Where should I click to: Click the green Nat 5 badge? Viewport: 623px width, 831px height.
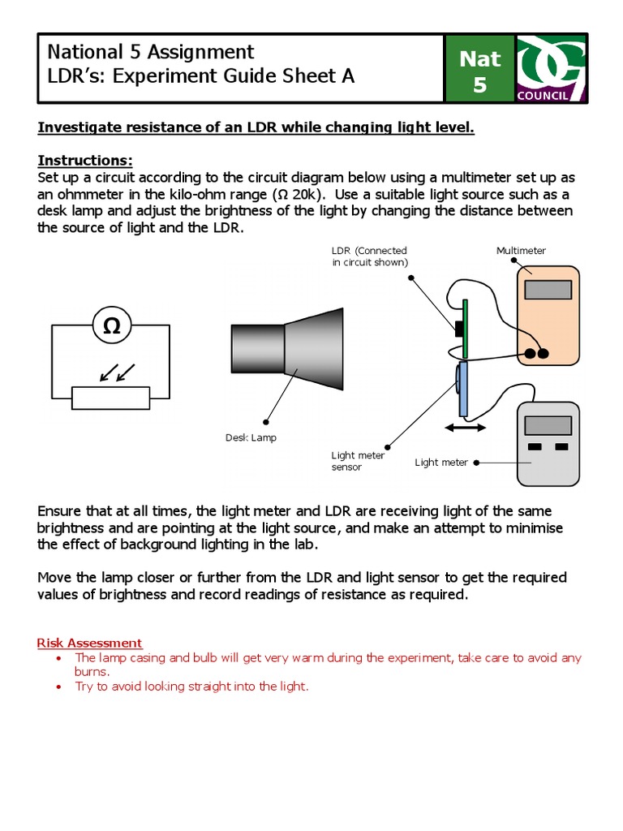(479, 70)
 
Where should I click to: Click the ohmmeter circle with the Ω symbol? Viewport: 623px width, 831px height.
(111, 326)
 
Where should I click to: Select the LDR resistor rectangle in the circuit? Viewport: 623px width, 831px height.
(111, 398)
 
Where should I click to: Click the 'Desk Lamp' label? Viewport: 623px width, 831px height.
(251, 437)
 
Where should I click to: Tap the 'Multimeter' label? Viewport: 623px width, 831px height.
(521, 251)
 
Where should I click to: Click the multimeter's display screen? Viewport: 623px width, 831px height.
(548, 290)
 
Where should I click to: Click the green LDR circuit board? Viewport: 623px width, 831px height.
(466, 329)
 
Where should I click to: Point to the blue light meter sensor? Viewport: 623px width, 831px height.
(462, 390)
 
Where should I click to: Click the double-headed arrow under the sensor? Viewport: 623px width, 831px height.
(465, 428)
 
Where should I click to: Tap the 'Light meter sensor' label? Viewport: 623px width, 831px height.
(358, 461)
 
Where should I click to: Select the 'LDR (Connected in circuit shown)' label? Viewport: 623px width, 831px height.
(369, 256)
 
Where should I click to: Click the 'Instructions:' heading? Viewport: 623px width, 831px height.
(85, 160)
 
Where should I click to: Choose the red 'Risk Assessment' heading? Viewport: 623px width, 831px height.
(89, 643)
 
